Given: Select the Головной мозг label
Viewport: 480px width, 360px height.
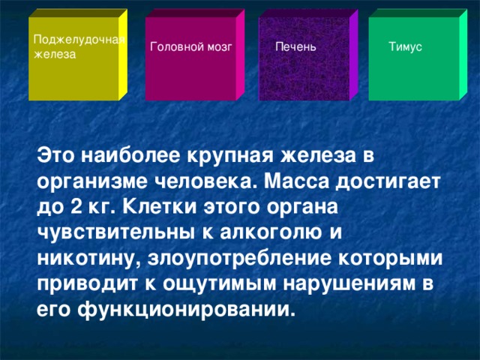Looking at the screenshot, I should coord(191,48).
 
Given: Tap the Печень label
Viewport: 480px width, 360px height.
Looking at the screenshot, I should coord(295,48).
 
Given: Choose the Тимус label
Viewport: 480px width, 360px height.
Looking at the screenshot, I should coord(405,48).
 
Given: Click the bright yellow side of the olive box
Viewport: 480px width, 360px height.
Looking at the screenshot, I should coord(123,55).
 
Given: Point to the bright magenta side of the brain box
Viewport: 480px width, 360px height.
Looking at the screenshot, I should coord(240,55).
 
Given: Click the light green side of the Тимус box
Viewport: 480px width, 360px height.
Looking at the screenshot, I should coord(463,55).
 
